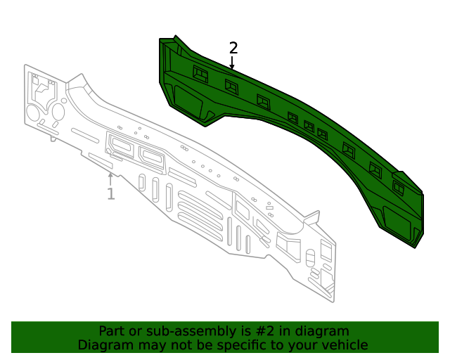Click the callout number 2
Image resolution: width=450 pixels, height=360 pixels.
[233, 48]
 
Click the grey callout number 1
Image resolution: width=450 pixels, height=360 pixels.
[110, 193]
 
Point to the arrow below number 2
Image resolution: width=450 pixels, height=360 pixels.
[232, 63]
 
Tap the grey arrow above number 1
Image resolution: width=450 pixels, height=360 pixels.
[110, 178]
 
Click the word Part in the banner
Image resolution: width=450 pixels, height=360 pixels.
[112, 331]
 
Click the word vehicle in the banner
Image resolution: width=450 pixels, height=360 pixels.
[344, 345]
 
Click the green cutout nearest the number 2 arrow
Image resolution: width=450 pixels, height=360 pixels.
[231, 85]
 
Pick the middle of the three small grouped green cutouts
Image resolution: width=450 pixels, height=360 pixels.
[309, 127]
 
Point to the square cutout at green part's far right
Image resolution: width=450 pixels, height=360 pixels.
[399, 188]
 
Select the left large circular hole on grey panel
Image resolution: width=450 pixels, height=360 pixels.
[32, 114]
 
